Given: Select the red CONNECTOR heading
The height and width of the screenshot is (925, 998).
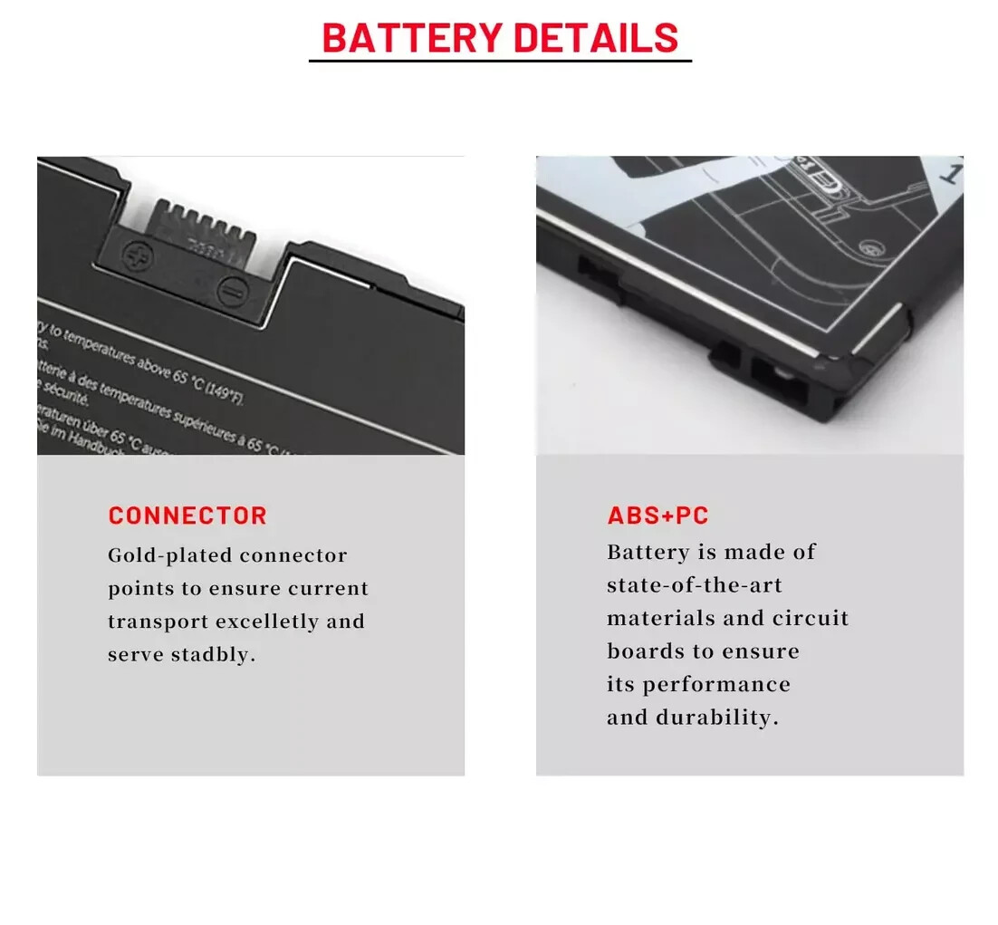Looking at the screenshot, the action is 187,516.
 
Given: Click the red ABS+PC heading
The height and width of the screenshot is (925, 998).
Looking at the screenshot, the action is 657,516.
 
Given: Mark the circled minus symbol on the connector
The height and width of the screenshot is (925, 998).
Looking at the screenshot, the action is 229,292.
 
